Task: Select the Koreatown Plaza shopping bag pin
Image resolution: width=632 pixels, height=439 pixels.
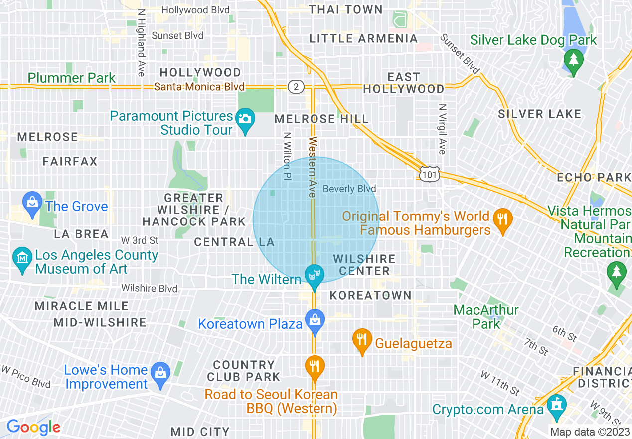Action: [315, 318]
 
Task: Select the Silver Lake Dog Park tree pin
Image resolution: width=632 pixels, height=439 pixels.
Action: [573, 60]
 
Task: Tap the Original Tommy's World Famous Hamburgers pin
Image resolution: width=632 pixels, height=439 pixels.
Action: [502, 219]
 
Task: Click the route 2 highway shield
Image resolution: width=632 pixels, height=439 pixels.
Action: [296, 87]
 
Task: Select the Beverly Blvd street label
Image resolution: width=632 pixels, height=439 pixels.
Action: [349, 189]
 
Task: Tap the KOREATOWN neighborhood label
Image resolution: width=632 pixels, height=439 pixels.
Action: [370, 295]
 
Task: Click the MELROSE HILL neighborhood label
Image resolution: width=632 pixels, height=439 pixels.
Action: [321, 119]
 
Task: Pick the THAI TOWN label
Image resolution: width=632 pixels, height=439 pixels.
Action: [345, 9]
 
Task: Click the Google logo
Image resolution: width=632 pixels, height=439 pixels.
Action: [33, 428]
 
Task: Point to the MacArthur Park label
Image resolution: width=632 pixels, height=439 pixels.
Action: [486, 317]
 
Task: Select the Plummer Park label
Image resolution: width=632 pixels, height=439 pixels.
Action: [71, 78]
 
